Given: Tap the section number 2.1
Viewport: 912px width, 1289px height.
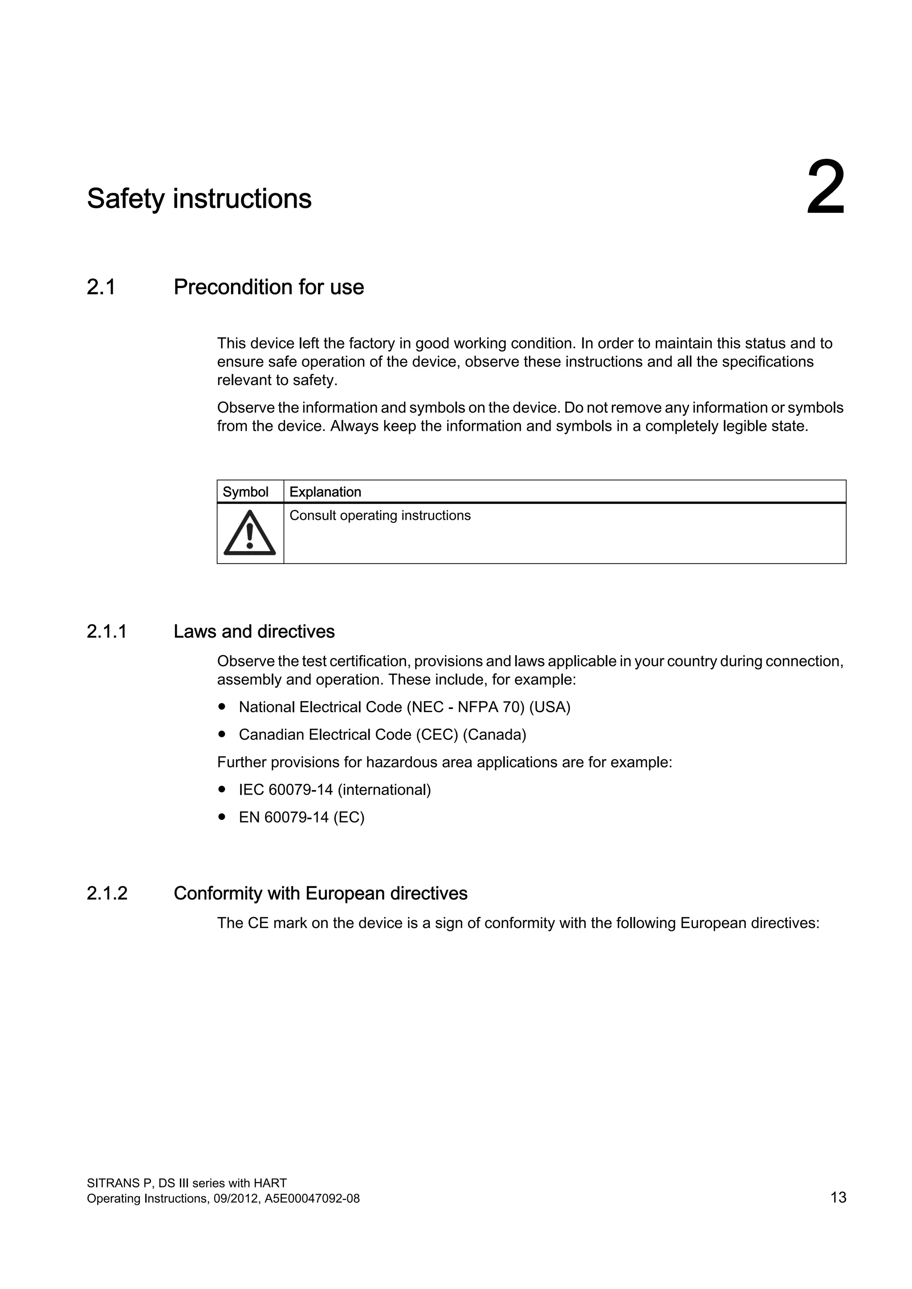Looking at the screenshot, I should (x=101, y=287).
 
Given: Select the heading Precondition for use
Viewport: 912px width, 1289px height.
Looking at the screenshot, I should (x=269, y=287).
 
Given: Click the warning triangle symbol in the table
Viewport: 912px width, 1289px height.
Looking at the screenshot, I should (x=249, y=533).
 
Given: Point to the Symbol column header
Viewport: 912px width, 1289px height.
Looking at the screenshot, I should (x=245, y=492).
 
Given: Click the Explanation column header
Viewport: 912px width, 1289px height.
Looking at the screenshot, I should (x=325, y=492).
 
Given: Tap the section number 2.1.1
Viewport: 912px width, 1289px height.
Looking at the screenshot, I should (x=107, y=632).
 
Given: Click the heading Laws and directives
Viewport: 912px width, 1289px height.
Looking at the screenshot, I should (x=254, y=632).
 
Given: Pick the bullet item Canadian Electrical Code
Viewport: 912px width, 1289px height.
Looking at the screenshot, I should (x=382, y=734).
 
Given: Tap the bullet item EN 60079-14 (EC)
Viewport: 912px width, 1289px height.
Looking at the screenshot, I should (x=301, y=817).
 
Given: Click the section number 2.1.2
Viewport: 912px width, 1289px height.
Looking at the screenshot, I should (x=107, y=893).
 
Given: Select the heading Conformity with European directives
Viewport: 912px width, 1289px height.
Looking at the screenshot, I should (x=320, y=893).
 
